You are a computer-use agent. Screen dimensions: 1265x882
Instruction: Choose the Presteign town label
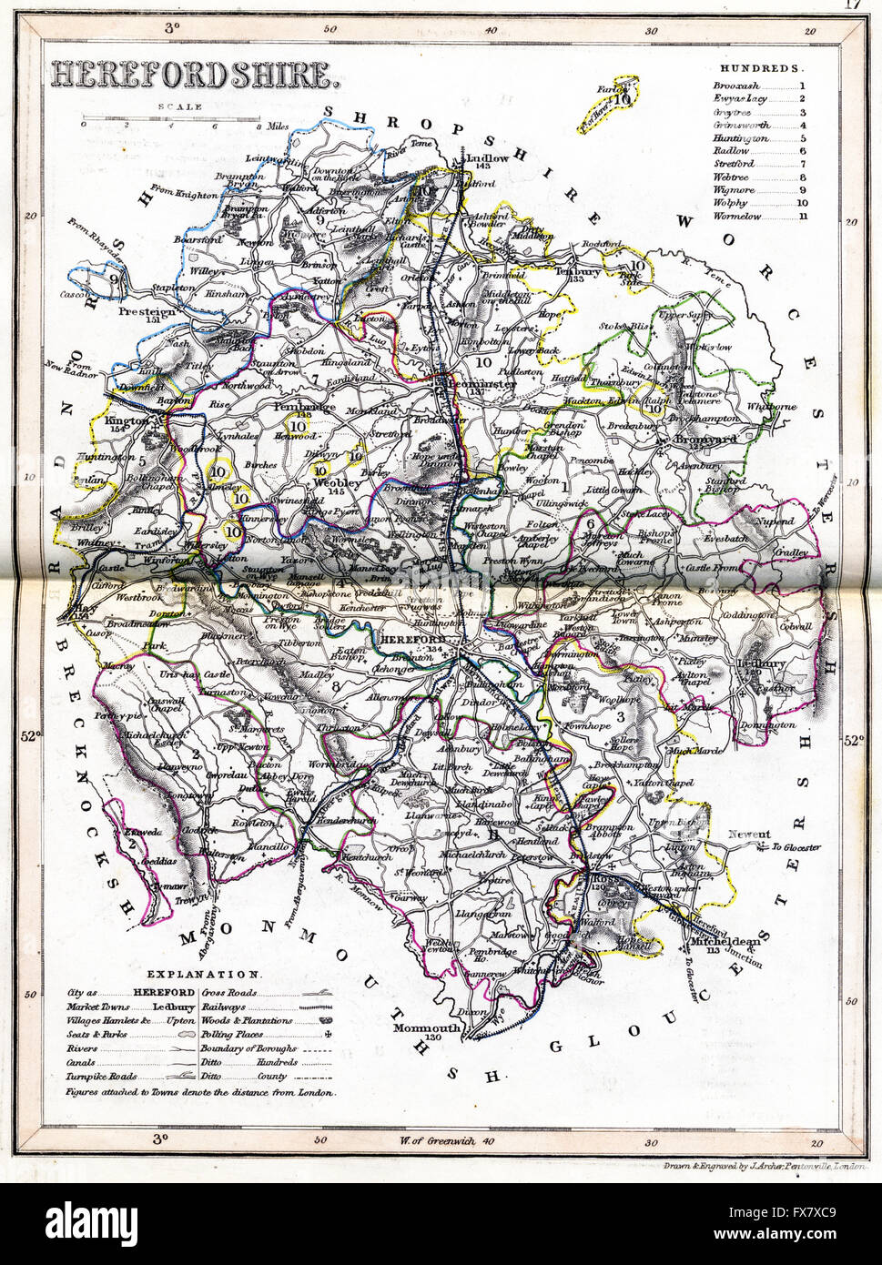pos(146,309)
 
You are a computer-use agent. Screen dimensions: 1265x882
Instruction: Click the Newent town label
pos(749,834)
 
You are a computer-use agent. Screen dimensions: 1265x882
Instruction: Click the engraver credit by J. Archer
pos(765,1165)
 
